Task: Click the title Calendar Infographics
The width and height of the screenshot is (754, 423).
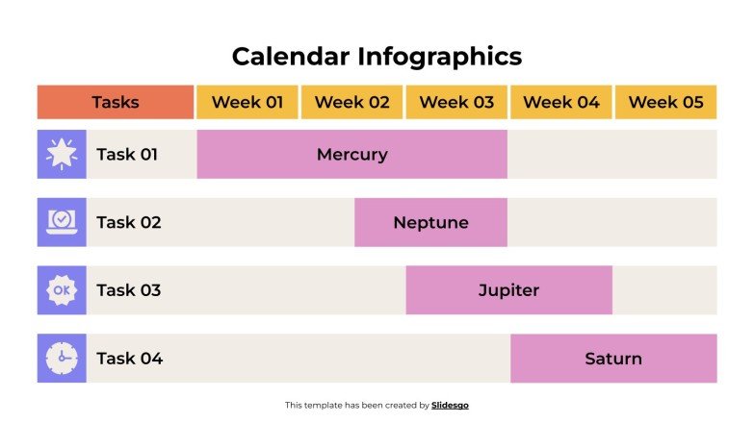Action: tap(377, 56)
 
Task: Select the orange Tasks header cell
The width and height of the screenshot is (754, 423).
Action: tap(116, 102)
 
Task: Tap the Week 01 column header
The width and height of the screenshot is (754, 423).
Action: tap(247, 102)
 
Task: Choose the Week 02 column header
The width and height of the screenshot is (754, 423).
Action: tap(352, 102)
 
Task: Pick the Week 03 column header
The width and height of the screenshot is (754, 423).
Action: tap(456, 102)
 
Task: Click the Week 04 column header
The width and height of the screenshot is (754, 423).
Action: tap(561, 102)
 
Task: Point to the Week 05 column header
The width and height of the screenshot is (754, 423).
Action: tap(666, 102)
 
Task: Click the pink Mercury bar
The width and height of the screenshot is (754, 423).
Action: tap(351, 154)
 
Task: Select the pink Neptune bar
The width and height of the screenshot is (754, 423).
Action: tap(430, 222)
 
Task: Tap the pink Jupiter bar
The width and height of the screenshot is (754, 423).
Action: tap(508, 290)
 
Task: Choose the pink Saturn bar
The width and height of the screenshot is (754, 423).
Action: tap(613, 359)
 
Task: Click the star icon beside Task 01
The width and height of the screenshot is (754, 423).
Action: tap(62, 154)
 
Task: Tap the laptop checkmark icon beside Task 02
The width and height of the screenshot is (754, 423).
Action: tap(62, 222)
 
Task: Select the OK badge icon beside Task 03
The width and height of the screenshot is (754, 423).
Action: tap(62, 290)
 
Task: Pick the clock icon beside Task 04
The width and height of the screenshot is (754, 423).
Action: tap(62, 359)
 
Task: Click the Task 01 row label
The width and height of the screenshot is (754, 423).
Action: tap(127, 154)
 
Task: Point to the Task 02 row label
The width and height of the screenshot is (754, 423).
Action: tap(129, 222)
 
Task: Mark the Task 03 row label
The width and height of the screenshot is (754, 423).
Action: tap(129, 290)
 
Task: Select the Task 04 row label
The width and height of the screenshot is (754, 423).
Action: tap(130, 359)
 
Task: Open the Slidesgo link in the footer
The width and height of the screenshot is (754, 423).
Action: tap(451, 406)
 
